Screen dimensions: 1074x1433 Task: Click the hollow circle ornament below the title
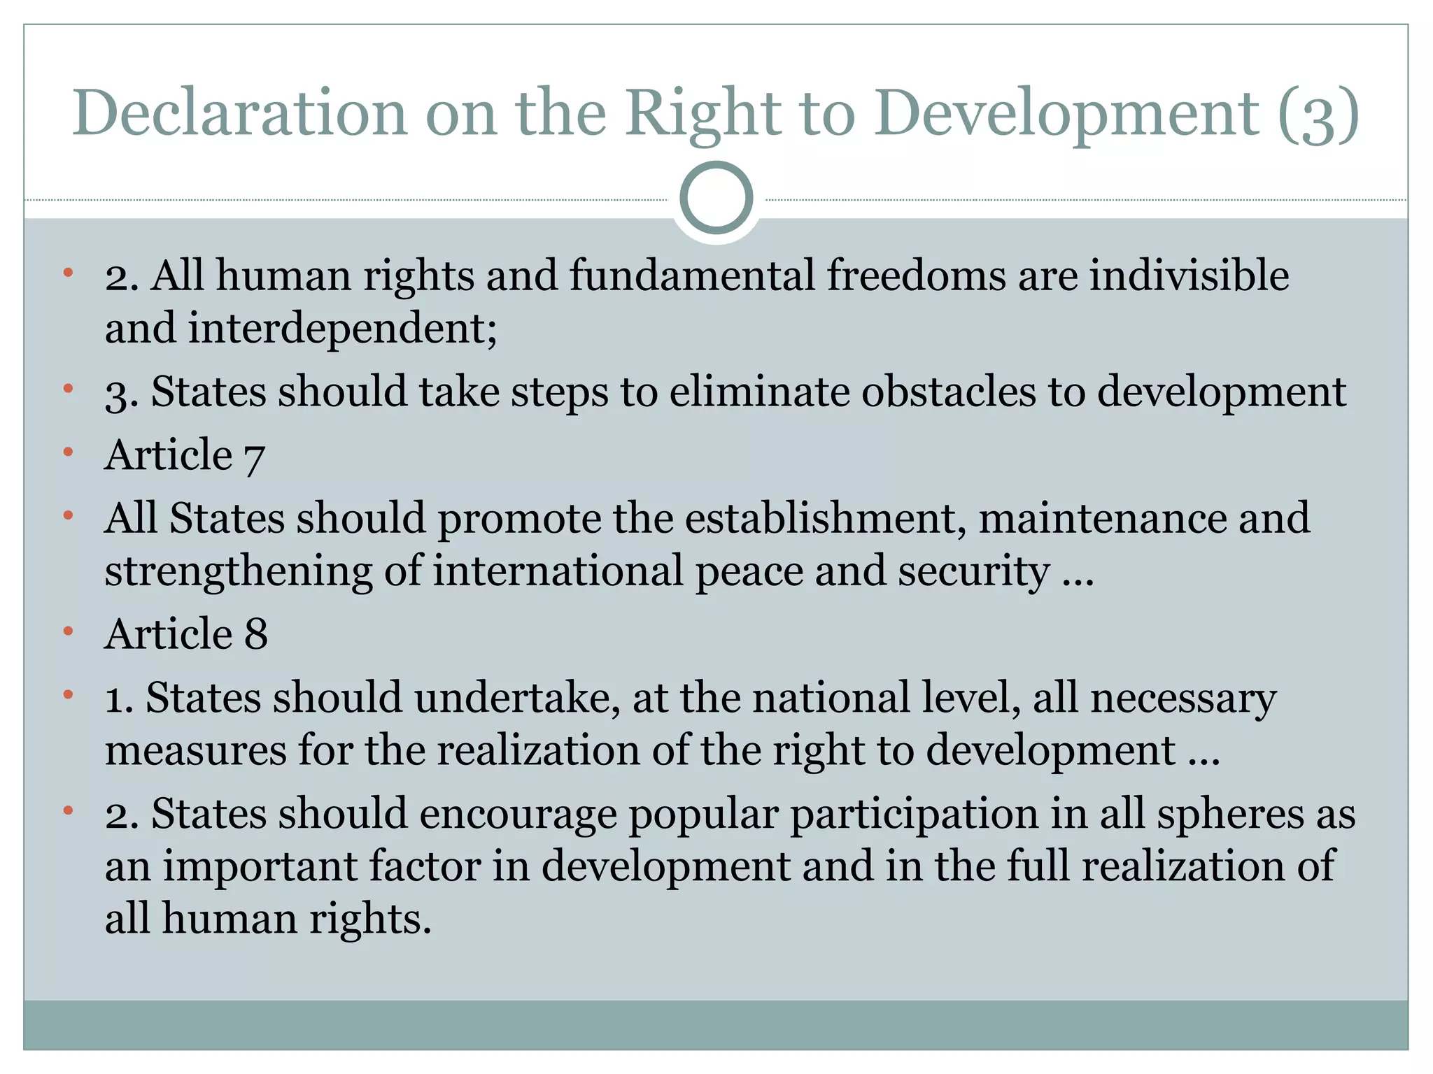pyautogui.click(x=716, y=198)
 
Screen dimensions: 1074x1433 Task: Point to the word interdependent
pyautogui.click(x=342, y=328)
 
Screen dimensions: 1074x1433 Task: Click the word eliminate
pyautogui.click(x=758, y=392)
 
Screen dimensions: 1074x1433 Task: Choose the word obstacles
pyautogui.click(x=948, y=392)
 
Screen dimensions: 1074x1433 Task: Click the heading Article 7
pyautogui.click(x=185, y=456)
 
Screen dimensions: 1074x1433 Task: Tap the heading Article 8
pyautogui.click(x=186, y=634)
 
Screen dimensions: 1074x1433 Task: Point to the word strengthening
pyautogui.click(x=239, y=572)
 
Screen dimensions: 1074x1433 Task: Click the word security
pyautogui.click(x=973, y=572)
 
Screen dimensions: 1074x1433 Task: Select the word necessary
pyautogui.click(x=1183, y=698)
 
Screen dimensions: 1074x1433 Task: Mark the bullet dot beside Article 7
pyautogui.click(x=68, y=452)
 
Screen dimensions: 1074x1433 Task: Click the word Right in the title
pyautogui.click(x=703, y=113)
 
